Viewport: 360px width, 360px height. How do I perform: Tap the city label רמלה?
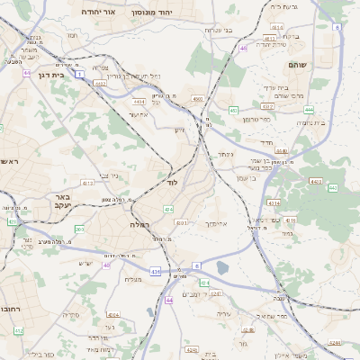click(139, 224)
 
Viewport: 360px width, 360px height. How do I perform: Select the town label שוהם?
click(298, 66)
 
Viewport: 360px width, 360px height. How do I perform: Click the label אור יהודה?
click(98, 13)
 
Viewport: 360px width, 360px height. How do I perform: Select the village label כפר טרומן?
click(256, 119)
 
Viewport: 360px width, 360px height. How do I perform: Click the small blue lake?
click(222, 267)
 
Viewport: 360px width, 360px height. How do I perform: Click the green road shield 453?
click(234, 111)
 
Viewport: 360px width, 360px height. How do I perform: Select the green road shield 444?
click(309, 109)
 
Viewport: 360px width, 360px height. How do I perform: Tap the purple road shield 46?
click(242, 48)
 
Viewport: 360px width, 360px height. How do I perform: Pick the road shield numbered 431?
click(156, 271)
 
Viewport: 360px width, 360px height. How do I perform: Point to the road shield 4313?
click(87, 183)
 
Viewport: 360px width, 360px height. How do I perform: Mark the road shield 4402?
click(197, 99)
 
